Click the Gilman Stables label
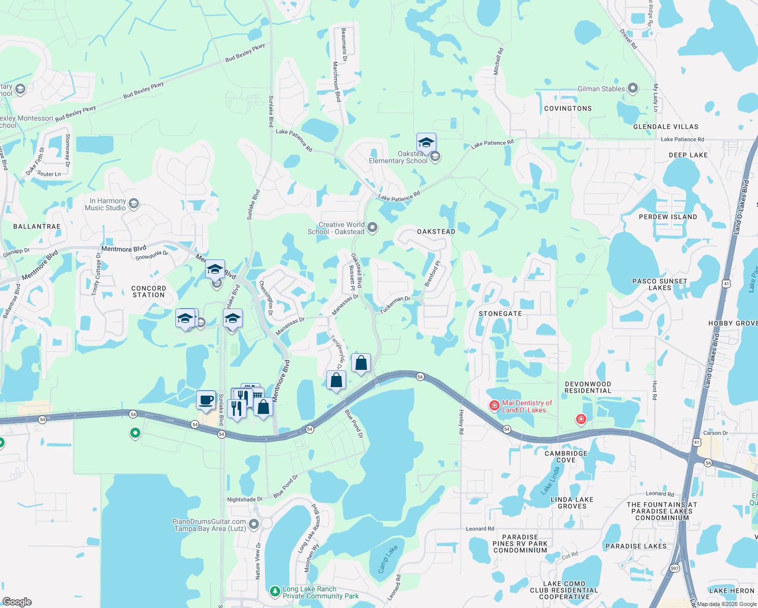click(x=601, y=89)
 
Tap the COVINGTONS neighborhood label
click(x=567, y=108)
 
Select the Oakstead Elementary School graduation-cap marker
click(x=426, y=143)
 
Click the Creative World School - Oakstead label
click(x=336, y=228)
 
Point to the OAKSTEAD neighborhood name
click(x=436, y=232)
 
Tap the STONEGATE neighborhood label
click(x=500, y=314)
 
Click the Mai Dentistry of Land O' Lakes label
click(x=526, y=406)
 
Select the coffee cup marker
click(x=206, y=400)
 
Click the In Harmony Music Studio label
click(x=105, y=204)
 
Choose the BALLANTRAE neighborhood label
click(x=36, y=226)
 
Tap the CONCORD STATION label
click(x=148, y=291)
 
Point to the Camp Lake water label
click(x=388, y=559)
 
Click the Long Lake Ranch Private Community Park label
click(x=320, y=592)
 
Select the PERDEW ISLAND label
click(x=668, y=217)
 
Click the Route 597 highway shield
click(x=674, y=568)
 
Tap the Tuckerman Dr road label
click(x=395, y=305)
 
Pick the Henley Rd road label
click(x=461, y=422)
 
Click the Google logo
click(x=17, y=601)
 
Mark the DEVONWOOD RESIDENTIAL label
click(x=588, y=387)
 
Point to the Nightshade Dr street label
click(x=245, y=499)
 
